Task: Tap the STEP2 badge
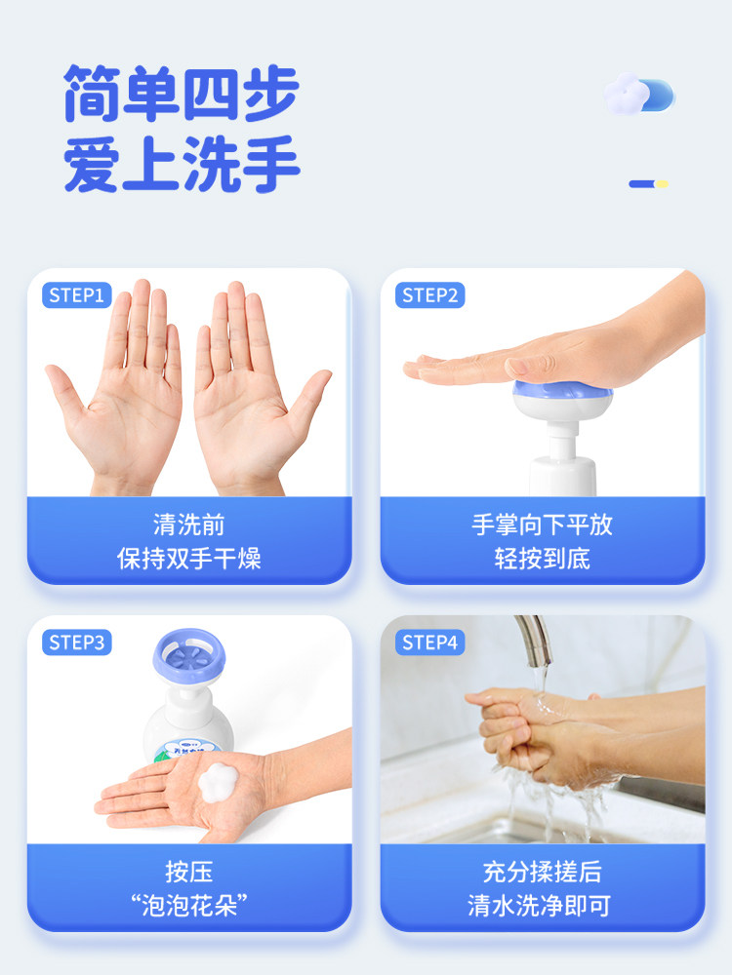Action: tap(430, 295)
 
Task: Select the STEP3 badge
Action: tap(77, 643)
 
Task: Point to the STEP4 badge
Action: tap(430, 643)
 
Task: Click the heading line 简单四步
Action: tap(181, 95)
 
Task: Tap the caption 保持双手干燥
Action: tap(189, 559)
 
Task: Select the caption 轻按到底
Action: tap(542, 559)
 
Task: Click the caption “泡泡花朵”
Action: tap(189, 905)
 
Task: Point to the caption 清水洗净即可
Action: tap(542, 905)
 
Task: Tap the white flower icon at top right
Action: tap(625, 95)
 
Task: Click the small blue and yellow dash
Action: tap(648, 183)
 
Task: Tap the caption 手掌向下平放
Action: tap(542, 525)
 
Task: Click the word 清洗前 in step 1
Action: tap(189, 525)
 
